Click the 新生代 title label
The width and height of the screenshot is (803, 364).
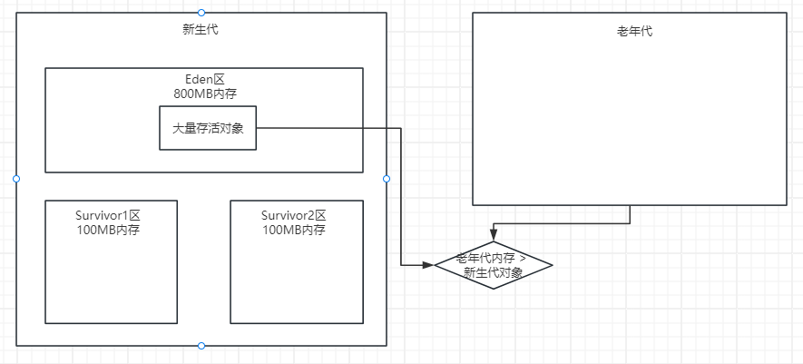[201, 30]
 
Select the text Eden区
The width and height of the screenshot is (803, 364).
[204, 80]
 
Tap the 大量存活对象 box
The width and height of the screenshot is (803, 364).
[208, 129]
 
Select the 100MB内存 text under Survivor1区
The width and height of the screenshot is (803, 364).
[111, 230]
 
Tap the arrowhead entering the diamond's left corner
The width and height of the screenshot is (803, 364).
[428, 265]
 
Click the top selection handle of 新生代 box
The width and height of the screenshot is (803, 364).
[201, 13]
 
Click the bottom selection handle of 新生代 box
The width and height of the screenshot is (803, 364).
[201, 346]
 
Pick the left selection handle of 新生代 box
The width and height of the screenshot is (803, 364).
[16, 179]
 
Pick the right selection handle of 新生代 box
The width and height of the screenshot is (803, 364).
[387, 179]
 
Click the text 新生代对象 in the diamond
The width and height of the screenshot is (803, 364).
[493, 271]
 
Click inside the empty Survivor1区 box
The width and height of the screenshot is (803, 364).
[111, 281]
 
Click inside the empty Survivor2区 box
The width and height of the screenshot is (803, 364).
[297, 281]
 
